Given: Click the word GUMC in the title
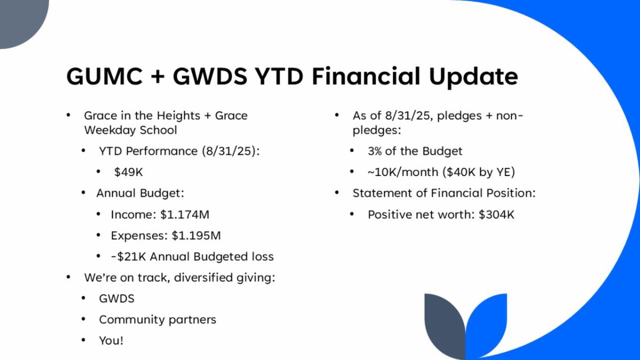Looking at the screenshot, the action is click(105, 76).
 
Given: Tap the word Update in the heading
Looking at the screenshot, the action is click(474, 77).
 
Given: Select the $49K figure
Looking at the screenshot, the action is click(129, 172).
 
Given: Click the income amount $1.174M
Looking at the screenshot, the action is click(185, 214).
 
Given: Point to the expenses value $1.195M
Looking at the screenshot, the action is click(196, 236).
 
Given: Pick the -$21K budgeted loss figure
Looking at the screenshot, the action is click(129, 257).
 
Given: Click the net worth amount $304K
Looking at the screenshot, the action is click(497, 214).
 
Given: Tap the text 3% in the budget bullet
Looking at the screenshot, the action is click(374, 151).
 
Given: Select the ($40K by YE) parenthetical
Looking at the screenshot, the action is click(478, 172).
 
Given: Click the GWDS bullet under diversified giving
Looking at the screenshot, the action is click(117, 299).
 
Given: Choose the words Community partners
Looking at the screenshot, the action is click(157, 319).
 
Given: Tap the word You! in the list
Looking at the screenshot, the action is click(111, 341).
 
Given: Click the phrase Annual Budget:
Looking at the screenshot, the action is click(140, 193).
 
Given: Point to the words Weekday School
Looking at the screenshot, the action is click(131, 130).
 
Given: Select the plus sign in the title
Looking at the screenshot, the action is click(158, 77).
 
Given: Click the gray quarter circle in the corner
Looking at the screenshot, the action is click(21, 21).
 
